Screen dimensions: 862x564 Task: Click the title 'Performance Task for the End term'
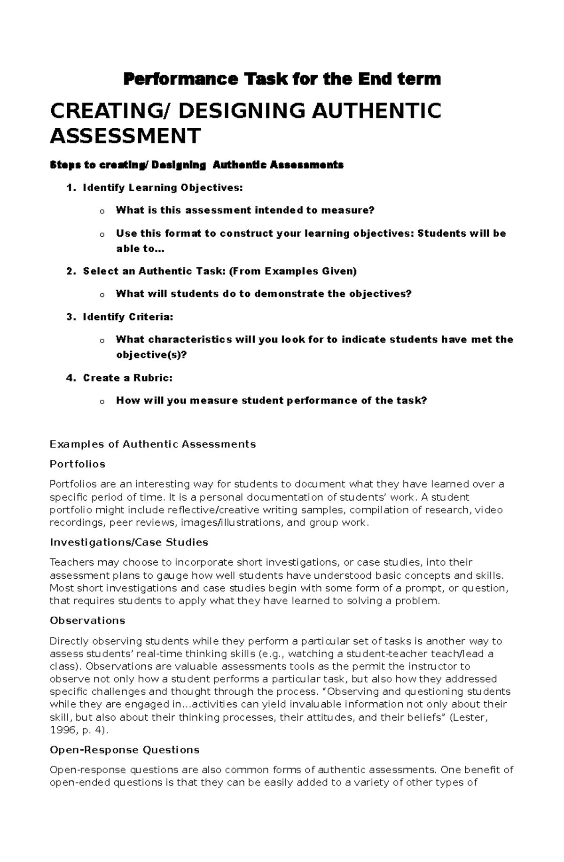pos(282,79)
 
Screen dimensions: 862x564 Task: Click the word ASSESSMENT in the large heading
pos(125,136)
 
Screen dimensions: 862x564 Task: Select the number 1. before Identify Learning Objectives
pos(70,188)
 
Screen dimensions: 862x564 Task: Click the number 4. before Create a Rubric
pos(70,378)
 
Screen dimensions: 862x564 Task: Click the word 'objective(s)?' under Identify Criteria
pos(151,355)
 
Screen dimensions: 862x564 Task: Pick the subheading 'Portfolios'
pos(78,464)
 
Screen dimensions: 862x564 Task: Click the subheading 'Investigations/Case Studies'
pos(129,543)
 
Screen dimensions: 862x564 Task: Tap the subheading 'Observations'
pos(87,621)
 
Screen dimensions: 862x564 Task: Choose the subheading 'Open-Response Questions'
pos(125,750)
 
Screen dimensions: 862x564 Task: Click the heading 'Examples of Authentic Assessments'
pos(153,444)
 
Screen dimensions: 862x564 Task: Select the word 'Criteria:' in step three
pos(150,317)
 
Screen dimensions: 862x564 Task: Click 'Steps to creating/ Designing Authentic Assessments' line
pos(196,165)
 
